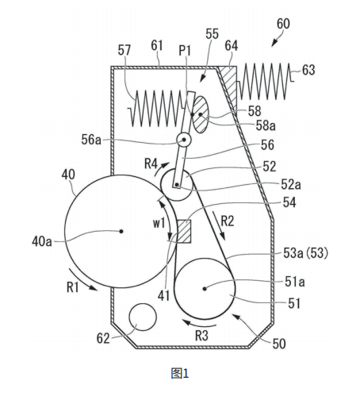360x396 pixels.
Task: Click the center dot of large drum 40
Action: [121, 231]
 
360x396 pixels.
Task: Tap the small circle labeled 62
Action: [143, 317]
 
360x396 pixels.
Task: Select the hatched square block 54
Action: [184, 231]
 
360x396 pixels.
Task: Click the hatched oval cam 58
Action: [200, 114]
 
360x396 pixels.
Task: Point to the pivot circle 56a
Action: [184, 139]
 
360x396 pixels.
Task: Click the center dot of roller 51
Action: [205, 289]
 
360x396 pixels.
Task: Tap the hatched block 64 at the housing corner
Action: [228, 85]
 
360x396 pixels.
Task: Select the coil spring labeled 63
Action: [265, 82]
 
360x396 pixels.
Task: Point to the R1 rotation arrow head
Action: [94, 288]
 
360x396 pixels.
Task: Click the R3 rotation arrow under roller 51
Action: [200, 323]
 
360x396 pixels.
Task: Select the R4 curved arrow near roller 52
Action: [161, 169]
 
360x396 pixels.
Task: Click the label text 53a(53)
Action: [305, 253]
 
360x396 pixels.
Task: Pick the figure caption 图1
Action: [180, 373]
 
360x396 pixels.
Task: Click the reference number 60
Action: [283, 24]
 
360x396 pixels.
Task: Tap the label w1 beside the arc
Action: [159, 223]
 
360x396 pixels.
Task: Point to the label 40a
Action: [42, 241]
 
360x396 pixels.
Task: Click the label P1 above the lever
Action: [185, 50]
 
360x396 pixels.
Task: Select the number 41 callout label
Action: [163, 295]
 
